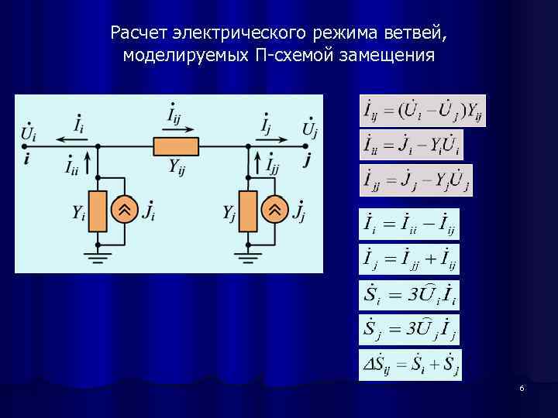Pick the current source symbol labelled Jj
point(274,210)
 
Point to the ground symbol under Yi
point(98,255)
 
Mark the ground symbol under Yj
point(249,255)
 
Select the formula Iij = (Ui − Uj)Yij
point(423,111)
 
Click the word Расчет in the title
point(139,34)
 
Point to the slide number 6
point(522,388)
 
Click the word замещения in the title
point(391,56)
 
